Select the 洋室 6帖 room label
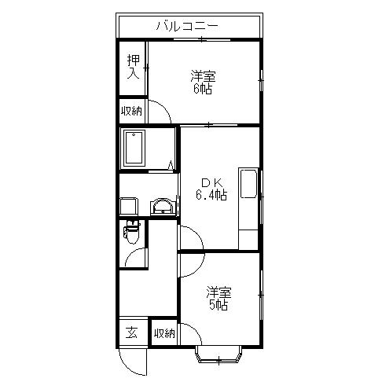[x=203, y=83]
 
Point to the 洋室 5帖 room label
[x=218, y=299]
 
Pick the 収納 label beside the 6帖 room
[x=132, y=112]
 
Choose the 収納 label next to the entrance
[x=164, y=333]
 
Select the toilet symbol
[x=131, y=233]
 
